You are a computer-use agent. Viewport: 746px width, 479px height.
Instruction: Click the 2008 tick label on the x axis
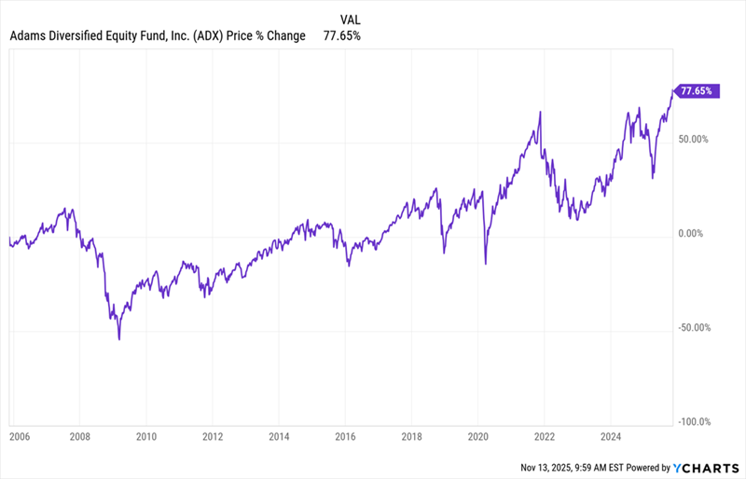point(81,434)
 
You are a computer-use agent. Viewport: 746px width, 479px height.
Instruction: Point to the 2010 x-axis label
point(146,434)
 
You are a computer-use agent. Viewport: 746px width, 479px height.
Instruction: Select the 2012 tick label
point(213,434)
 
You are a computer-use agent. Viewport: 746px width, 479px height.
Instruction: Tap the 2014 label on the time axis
point(279,434)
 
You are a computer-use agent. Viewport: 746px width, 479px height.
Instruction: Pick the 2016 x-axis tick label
point(345,434)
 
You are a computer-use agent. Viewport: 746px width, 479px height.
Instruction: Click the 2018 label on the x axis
point(411,434)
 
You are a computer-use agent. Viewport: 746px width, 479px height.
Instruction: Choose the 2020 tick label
point(478,434)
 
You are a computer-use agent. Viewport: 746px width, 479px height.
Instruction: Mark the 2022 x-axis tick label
point(545,434)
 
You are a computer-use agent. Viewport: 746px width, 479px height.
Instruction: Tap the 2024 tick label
point(611,434)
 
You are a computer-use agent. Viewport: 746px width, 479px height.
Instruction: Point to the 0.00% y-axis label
point(696,234)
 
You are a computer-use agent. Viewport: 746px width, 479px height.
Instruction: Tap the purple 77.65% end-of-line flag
point(698,91)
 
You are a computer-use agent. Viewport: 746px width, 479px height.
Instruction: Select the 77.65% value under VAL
point(342,35)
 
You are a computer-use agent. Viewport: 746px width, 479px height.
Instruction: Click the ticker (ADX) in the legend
point(208,35)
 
